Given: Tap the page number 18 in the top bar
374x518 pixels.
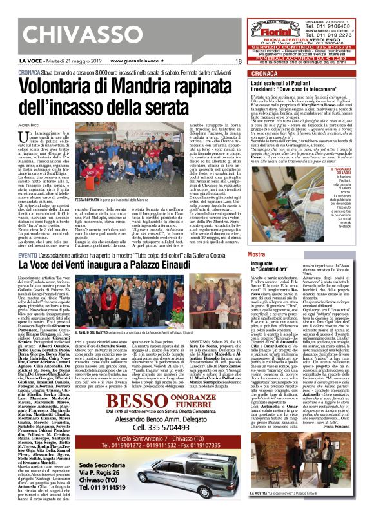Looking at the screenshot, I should (238, 61).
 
